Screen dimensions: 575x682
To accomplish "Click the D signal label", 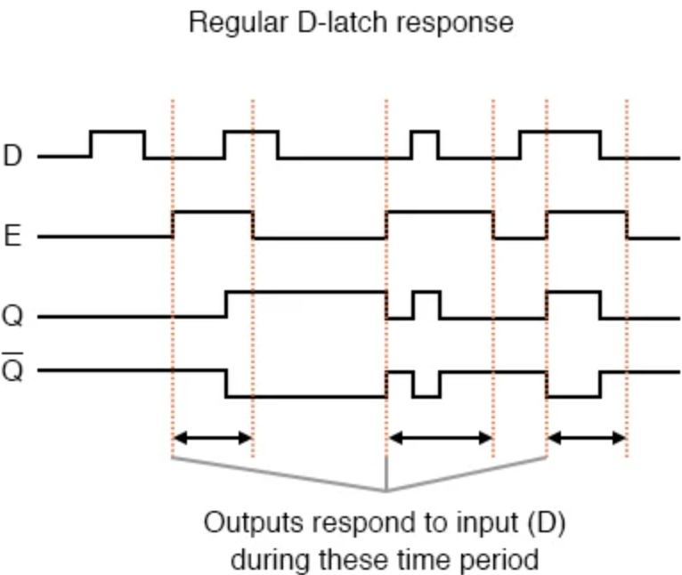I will (12, 157).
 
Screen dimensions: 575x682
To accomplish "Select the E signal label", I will (12, 237).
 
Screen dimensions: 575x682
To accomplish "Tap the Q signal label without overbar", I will (12, 317).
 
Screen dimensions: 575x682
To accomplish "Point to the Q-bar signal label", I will (12, 370).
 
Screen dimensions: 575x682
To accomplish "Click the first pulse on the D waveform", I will (118, 142).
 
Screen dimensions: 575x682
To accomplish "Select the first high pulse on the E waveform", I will (212, 223).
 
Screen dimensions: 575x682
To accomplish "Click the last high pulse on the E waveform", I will (586, 223).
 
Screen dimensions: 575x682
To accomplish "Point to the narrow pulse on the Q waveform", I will (426, 303).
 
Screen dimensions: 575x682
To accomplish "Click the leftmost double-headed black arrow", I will (212, 438).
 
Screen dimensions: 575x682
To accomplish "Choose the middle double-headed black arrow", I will (440, 438).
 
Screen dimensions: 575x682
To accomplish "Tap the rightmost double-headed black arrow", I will (586, 438).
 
